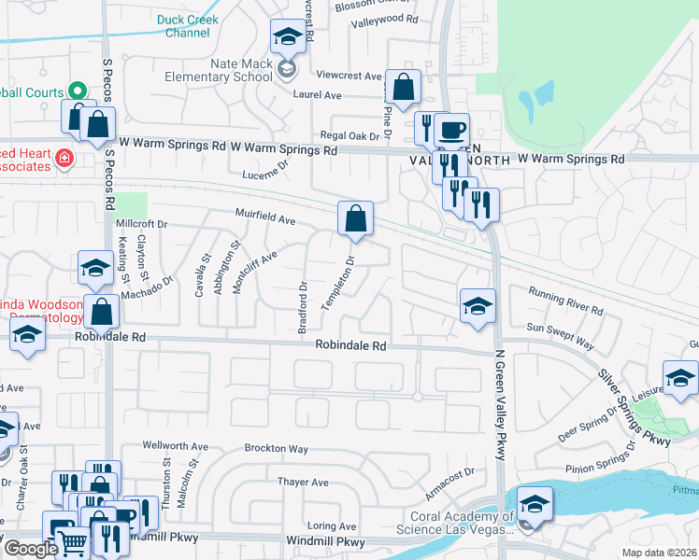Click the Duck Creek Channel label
coord(187,25)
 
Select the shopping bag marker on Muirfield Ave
coord(355,219)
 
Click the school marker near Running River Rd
coord(478,307)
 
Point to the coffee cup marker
coord(451,131)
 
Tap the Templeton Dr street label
coord(339,284)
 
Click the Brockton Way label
coord(277,448)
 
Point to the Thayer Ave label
coord(303,483)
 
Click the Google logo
coord(31,549)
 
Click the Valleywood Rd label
coord(384,18)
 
